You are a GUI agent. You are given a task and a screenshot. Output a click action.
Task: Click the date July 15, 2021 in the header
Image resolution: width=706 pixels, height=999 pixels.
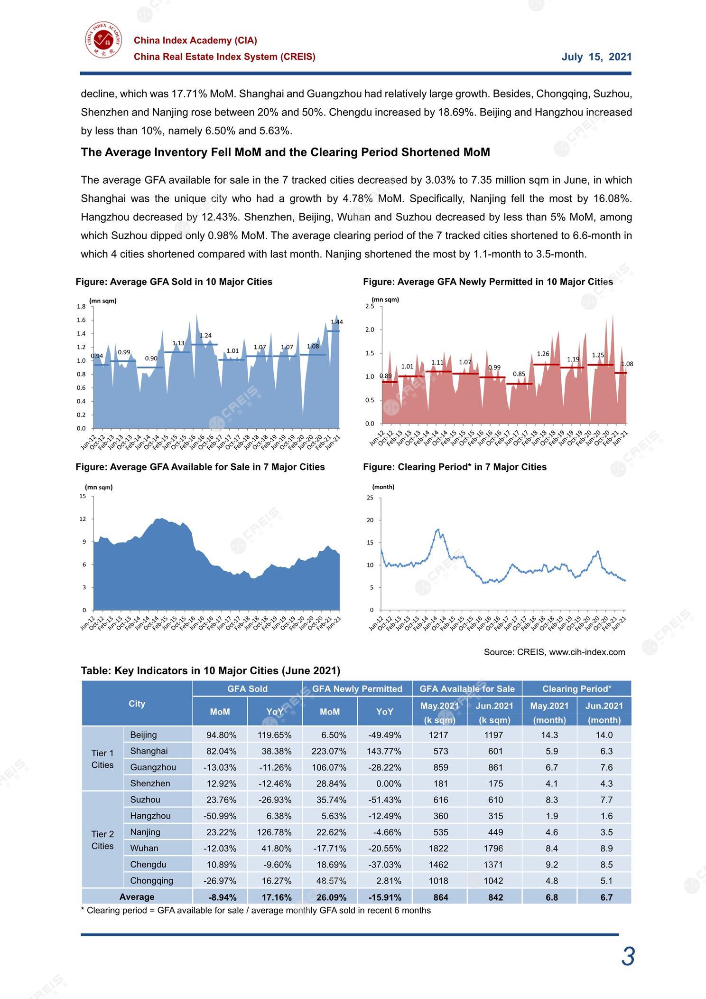click(596, 57)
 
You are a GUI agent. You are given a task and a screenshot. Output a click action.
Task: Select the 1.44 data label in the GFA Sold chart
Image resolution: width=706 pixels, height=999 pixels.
click(337, 322)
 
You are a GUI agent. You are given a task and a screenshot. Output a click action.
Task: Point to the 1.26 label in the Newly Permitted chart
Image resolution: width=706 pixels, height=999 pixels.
click(543, 354)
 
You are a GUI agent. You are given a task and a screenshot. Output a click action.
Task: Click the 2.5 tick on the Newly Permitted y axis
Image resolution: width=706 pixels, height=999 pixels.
click(370, 306)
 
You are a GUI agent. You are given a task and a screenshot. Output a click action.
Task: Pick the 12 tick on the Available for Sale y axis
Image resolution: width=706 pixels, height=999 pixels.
click(83, 519)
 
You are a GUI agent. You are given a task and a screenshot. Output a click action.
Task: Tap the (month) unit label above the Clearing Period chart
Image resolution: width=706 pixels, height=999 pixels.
click(383, 487)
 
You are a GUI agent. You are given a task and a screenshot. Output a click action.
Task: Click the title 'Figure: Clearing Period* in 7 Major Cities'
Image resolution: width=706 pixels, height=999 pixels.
click(455, 467)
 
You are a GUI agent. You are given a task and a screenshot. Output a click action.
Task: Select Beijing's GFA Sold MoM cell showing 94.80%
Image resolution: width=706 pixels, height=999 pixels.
click(221, 735)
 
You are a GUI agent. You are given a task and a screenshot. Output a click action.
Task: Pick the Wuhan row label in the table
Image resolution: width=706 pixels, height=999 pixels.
click(144, 848)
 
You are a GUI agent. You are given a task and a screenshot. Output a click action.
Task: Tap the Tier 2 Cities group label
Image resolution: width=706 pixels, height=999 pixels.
click(102, 840)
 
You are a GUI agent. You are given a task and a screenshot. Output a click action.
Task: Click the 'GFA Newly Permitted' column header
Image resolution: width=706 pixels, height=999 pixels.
click(357, 688)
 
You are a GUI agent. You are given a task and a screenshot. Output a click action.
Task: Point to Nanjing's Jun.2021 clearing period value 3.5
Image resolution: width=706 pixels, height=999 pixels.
click(606, 832)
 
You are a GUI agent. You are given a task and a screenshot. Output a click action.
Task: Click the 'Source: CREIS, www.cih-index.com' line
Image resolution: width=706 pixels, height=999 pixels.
click(554, 652)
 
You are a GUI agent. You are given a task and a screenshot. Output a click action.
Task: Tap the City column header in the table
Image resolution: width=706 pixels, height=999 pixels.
click(137, 704)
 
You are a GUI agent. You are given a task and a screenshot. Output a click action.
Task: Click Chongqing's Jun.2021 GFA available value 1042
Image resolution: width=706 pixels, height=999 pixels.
click(493, 881)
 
